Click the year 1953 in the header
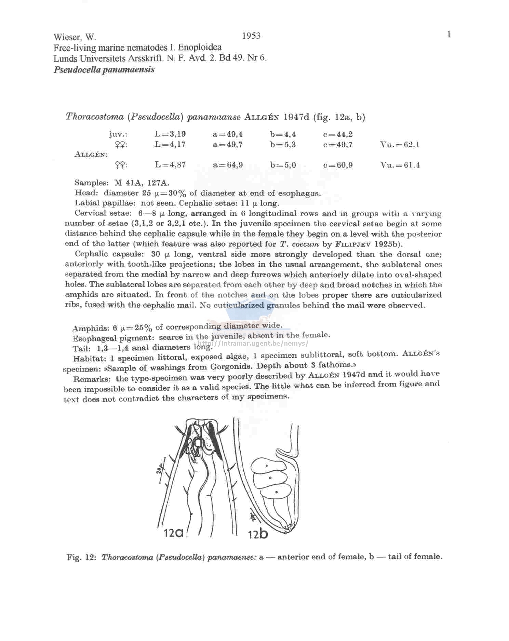click(251, 36)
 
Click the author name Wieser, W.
click(75, 37)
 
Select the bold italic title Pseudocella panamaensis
click(104, 69)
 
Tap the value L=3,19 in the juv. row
click(170, 134)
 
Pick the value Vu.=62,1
click(400, 145)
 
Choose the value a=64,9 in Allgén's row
click(228, 165)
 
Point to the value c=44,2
click(338, 134)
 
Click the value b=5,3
click(282, 145)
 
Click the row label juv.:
click(118, 134)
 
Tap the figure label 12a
click(174, 532)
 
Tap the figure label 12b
click(258, 533)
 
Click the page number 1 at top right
click(449, 35)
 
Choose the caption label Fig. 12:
click(80, 557)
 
